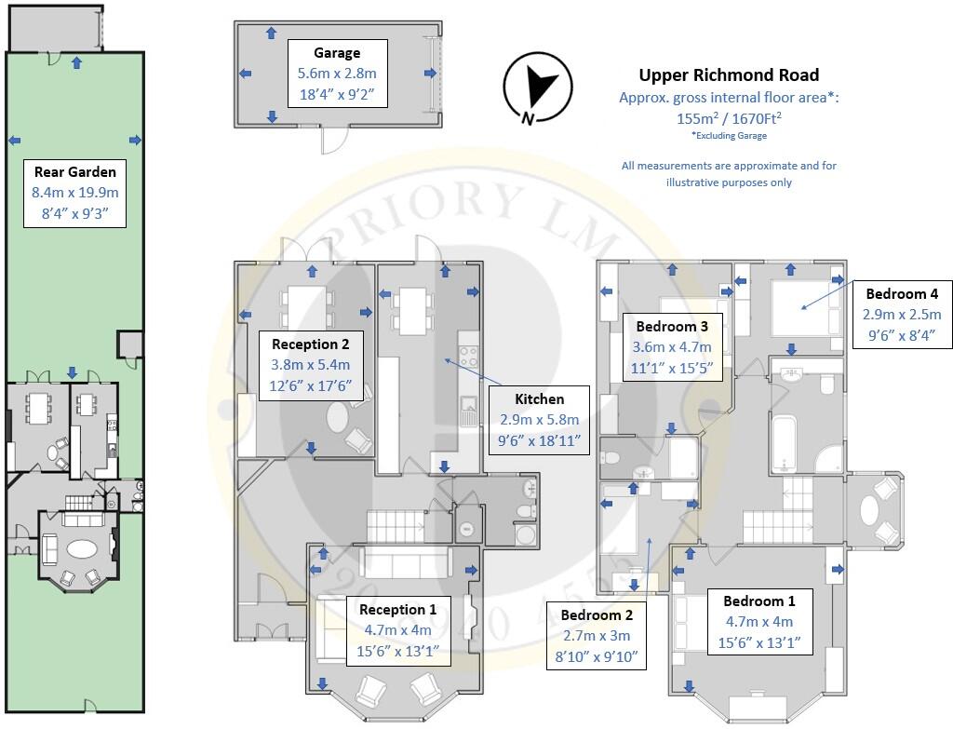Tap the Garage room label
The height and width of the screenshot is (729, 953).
point(337,53)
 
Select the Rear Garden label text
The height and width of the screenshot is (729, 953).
point(74,171)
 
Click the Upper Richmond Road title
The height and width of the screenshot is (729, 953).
point(729,74)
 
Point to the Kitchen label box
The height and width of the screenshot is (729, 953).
point(539,420)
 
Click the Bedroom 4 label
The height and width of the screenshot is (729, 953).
point(902,293)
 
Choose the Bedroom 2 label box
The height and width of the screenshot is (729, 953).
point(597,635)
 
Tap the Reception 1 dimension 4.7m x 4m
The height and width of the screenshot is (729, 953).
point(397,630)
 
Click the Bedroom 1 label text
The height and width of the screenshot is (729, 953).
point(759,601)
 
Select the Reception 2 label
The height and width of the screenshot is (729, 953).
point(311,344)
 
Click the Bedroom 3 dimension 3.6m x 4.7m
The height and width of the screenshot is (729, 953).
point(672,347)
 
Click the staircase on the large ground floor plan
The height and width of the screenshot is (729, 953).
point(396,527)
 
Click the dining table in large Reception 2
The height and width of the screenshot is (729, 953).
point(306,307)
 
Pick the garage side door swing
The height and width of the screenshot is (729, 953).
point(335,141)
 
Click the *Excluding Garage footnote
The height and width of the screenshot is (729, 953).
point(729,136)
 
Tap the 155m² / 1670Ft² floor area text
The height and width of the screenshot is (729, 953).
point(729,117)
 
